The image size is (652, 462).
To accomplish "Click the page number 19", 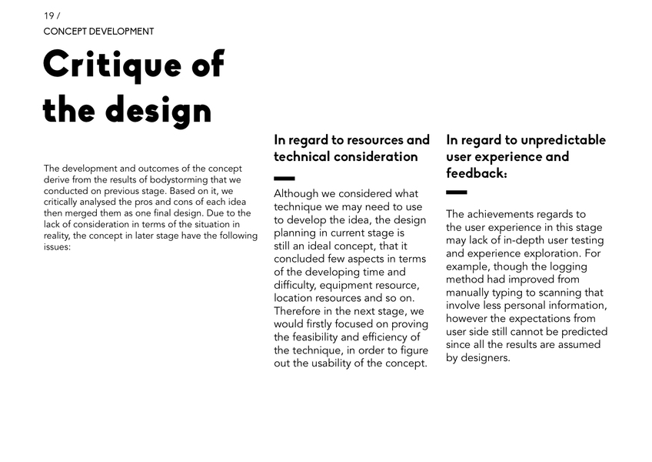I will [x=48, y=15].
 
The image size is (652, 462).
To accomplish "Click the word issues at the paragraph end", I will [x=57, y=247].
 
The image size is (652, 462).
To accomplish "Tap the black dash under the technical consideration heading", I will [x=284, y=179].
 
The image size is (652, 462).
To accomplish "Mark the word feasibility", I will [x=305, y=337].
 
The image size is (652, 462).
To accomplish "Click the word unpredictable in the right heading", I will [x=563, y=140].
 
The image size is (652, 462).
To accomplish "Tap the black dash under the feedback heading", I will [x=456, y=192].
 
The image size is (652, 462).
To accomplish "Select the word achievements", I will [x=504, y=214].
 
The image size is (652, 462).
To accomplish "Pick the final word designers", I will [x=486, y=358].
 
